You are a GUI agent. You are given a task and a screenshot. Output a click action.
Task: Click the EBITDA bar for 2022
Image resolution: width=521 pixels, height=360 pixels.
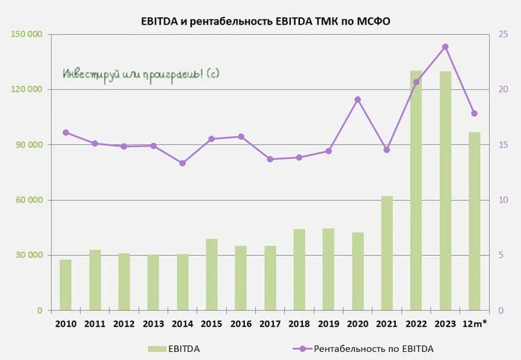pyautogui.click(x=416, y=190)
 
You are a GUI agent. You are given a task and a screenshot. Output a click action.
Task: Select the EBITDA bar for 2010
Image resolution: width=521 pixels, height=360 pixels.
pyautogui.click(x=65, y=286)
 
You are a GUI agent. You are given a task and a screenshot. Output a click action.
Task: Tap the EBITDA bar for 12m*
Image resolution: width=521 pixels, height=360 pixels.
pyautogui.click(x=475, y=222)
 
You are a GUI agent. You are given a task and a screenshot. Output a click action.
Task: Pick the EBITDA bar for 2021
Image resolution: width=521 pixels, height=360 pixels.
pyautogui.click(x=387, y=254)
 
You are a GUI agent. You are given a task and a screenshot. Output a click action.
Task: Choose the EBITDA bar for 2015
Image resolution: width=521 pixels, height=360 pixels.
pyautogui.click(x=211, y=274)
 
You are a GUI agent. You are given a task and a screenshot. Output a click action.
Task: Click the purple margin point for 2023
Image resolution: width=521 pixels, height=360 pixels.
pyautogui.click(x=445, y=47)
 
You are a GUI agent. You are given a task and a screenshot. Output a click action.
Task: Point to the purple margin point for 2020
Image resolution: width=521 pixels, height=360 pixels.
pyautogui.click(x=357, y=100)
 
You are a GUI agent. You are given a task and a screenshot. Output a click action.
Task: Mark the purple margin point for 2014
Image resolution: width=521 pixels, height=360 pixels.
pyautogui.click(x=182, y=163)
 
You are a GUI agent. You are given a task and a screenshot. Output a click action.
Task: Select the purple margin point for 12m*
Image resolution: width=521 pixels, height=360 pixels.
pyautogui.click(x=475, y=113)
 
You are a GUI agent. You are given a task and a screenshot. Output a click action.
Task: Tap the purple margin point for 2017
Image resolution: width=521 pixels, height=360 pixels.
pyautogui.click(x=270, y=159)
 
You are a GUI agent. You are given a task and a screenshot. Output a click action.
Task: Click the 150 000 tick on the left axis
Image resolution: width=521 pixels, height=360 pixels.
pyautogui.click(x=27, y=34)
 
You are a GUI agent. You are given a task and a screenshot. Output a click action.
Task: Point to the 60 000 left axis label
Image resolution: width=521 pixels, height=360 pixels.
pyautogui.click(x=28, y=200)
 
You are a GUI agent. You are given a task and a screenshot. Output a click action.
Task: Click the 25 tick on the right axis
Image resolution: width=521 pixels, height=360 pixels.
pyautogui.click(x=503, y=34)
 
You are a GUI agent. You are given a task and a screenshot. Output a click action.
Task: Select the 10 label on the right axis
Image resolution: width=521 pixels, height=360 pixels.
pyautogui.click(x=503, y=200)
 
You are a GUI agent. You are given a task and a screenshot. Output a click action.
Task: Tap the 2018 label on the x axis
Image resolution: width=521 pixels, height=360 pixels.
pyautogui.click(x=299, y=324)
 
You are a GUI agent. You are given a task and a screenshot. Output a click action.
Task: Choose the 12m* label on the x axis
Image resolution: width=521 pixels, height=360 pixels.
pyautogui.click(x=475, y=324)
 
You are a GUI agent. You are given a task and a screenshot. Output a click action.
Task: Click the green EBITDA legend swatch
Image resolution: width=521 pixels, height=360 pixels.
pyautogui.click(x=157, y=349)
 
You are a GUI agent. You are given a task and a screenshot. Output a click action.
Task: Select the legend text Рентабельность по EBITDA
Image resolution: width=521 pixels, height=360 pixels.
pyautogui.click(x=374, y=349)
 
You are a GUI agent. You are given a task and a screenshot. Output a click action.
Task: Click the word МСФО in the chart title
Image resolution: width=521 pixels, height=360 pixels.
pyautogui.click(x=374, y=22)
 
